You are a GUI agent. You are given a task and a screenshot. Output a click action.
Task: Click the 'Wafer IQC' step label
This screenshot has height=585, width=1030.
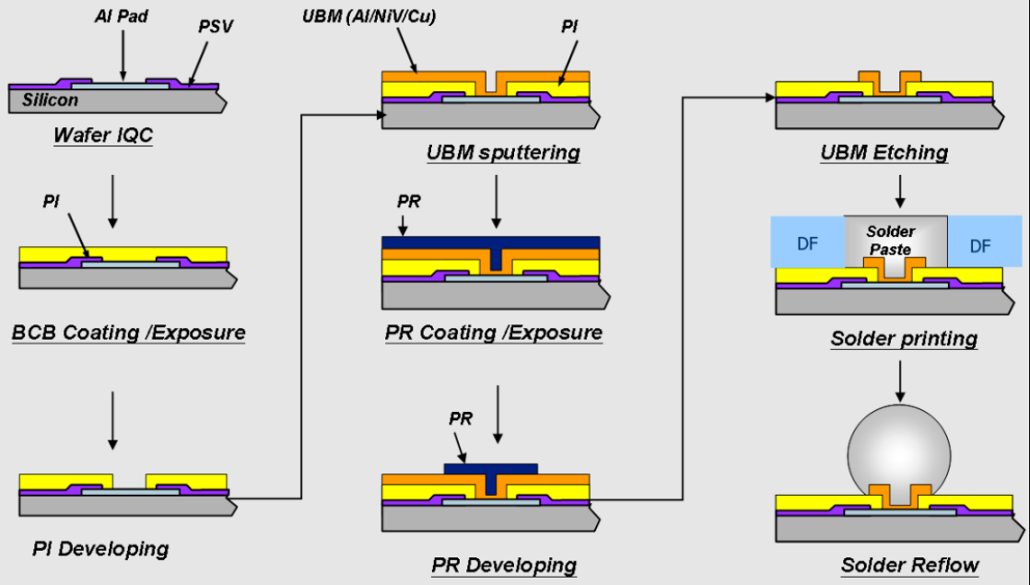click(x=102, y=136)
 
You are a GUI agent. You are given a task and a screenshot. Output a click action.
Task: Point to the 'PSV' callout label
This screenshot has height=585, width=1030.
click(x=215, y=27)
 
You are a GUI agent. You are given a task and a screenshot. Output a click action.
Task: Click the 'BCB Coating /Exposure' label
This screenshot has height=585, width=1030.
click(x=129, y=332)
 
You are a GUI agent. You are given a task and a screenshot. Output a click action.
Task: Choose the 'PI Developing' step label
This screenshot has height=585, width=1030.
click(x=100, y=549)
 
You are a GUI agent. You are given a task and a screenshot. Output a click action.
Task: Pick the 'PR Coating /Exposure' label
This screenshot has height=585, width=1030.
click(x=494, y=332)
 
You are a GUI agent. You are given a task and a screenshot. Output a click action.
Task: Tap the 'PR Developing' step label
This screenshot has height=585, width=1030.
click(x=504, y=564)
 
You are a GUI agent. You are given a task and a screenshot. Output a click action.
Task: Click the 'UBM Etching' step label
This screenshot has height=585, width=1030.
click(x=884, y=152)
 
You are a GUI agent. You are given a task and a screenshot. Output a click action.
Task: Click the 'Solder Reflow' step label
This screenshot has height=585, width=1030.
click(x=909, y=564)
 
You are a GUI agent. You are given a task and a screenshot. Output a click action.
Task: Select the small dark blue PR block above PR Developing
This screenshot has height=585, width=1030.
click(x=491, y=469)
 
